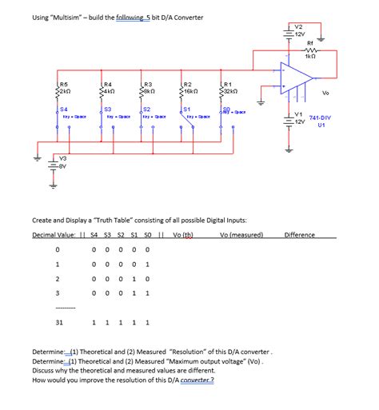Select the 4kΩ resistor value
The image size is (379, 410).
(110, 90)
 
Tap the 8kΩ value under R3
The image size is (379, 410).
(150, 90)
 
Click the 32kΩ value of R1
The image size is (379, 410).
(232, 90)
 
